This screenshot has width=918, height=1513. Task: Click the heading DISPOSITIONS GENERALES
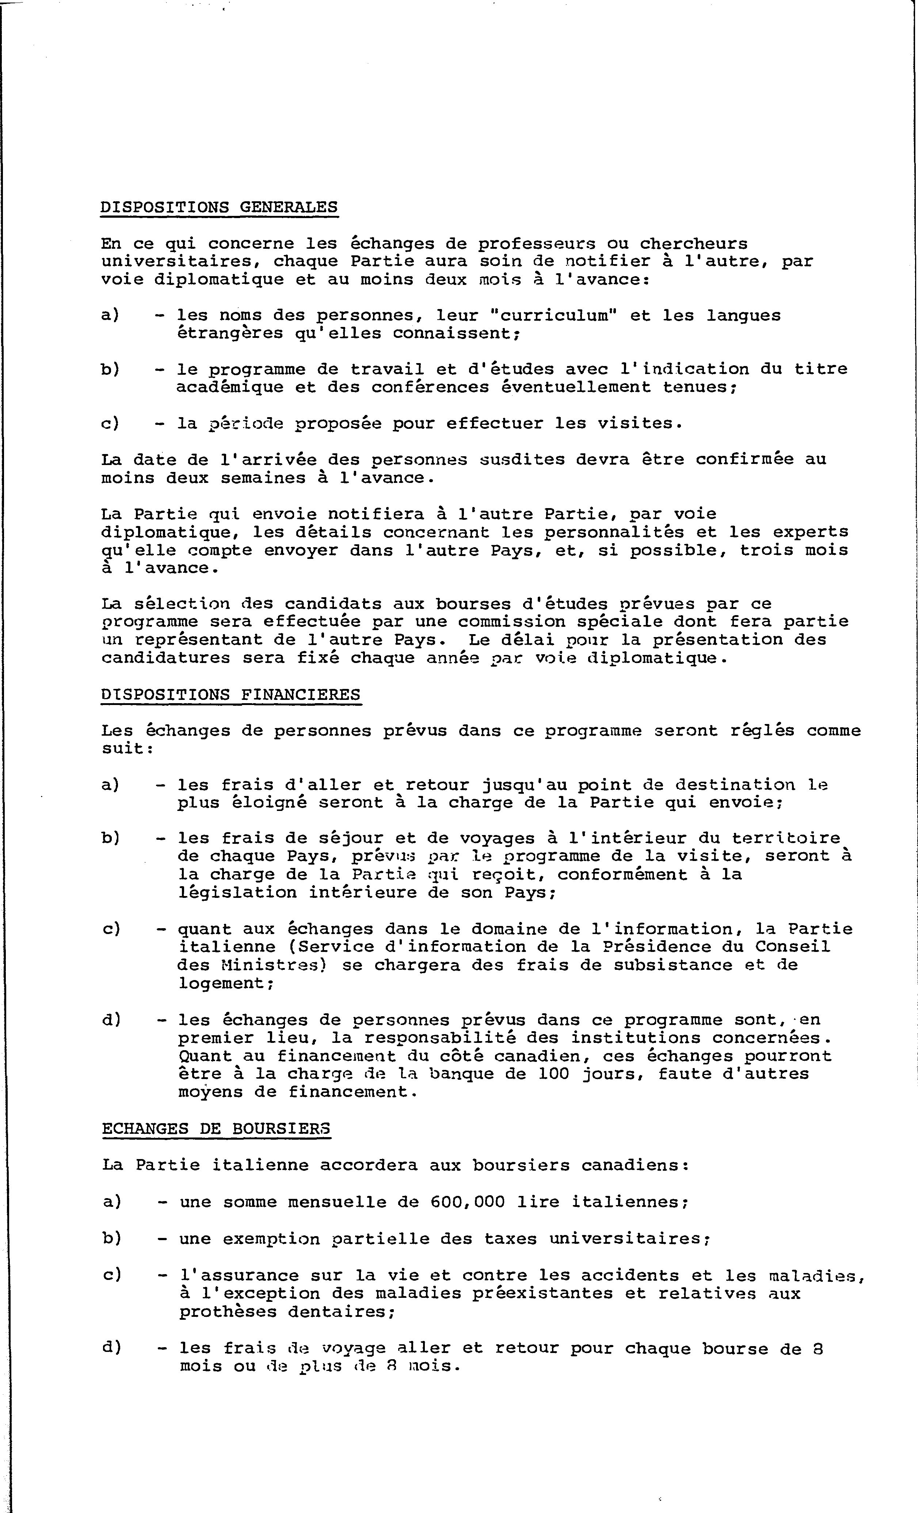point(218,207)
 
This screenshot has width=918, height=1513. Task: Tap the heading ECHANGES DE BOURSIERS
point(216,1129)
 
